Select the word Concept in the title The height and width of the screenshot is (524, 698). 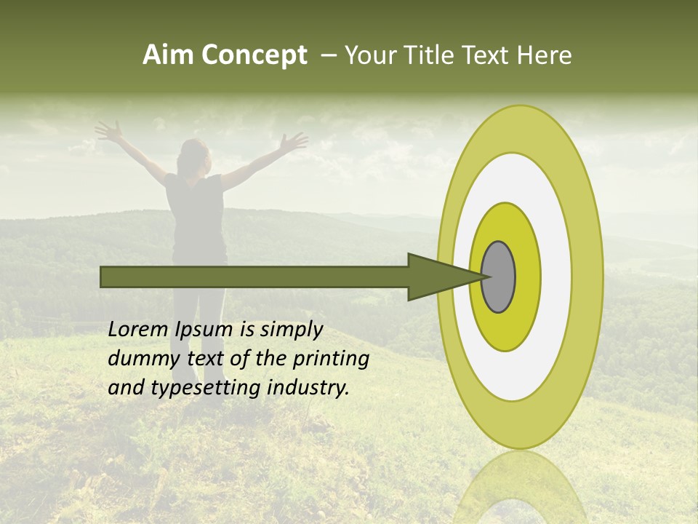click(254, 56)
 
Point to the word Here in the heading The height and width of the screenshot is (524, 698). click(546, 55)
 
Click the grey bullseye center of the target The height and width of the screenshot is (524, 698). click(499, 277)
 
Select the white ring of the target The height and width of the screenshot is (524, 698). click(555, 277)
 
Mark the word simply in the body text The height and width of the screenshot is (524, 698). click(291, 330)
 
